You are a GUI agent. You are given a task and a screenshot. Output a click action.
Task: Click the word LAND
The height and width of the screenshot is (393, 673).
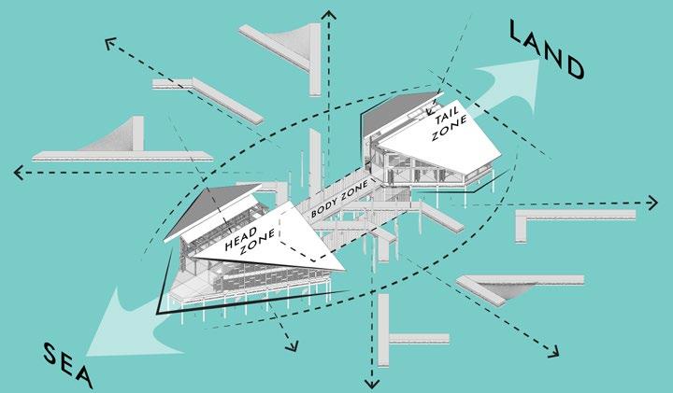point(547,51)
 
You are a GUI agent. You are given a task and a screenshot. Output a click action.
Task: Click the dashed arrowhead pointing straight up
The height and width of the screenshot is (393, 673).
point(327,13)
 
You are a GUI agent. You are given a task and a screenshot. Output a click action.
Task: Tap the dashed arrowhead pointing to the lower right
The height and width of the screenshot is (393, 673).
point(555,354)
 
